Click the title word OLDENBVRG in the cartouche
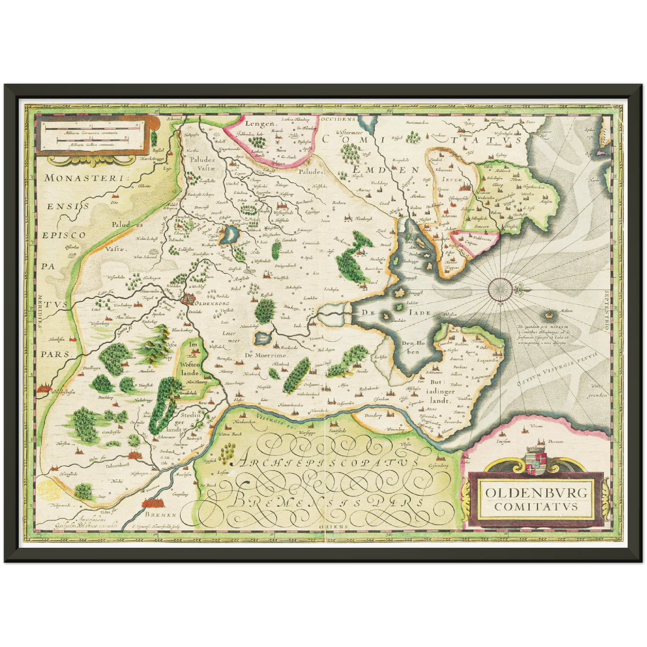(536, 493)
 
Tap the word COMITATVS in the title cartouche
(536, 507)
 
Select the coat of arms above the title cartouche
(536, 458)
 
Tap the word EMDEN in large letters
(385, 170)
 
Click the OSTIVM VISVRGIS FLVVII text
(562, 368)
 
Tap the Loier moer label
(231, 337)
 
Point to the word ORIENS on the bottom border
(331, 527)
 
